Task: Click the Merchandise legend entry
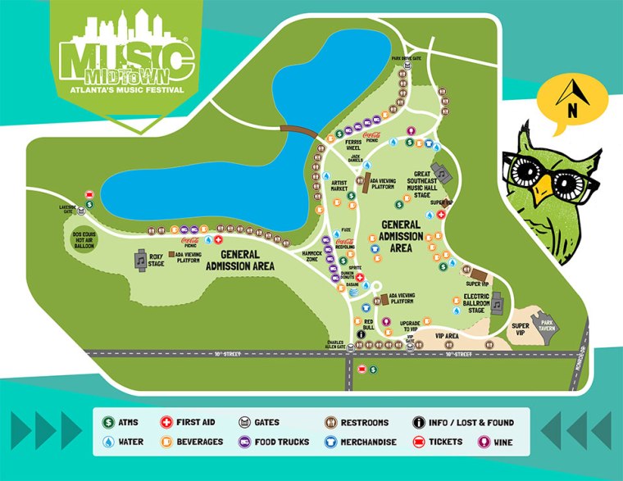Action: [x=365, y=442]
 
